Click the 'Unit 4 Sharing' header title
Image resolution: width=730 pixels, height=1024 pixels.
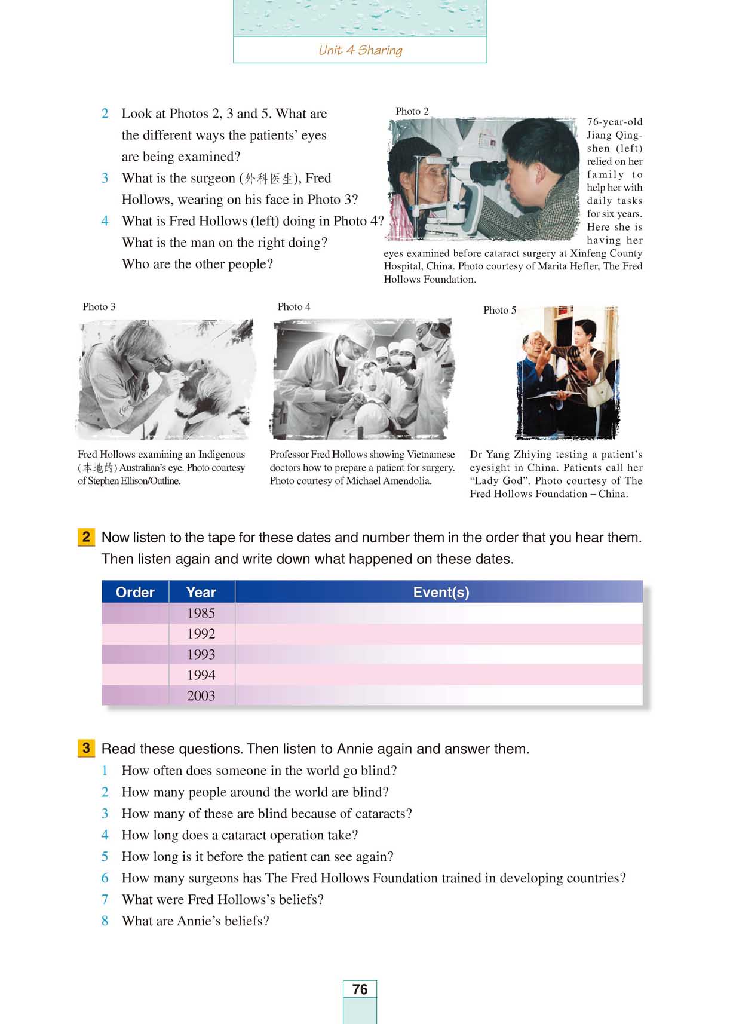coord(360,50)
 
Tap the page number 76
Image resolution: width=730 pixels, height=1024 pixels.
coord(360,989)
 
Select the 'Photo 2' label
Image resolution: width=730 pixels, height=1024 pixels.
coord(412,111)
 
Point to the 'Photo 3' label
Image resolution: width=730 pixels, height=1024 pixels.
coord(99,306)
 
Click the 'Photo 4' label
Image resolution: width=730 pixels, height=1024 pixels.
coord(294,306)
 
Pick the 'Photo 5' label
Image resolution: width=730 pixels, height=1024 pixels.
coord(499,310)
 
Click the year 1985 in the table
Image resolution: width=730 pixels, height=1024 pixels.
coord(201,614)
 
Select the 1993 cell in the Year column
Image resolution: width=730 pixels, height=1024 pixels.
coord(201,655)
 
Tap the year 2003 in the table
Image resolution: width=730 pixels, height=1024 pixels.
coord(201,696)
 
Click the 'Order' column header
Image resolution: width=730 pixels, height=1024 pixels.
coord(135,592)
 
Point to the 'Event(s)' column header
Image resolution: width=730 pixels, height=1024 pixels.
coord(441,592)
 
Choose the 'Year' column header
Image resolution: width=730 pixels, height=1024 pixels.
coord(201,592)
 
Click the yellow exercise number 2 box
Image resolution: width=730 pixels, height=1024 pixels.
coord(86,537)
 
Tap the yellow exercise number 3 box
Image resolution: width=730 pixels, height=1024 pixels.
coord(86,748)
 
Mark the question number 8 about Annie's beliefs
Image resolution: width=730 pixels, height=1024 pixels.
coord(105,921)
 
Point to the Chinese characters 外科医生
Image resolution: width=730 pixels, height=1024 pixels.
coord(269,179)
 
